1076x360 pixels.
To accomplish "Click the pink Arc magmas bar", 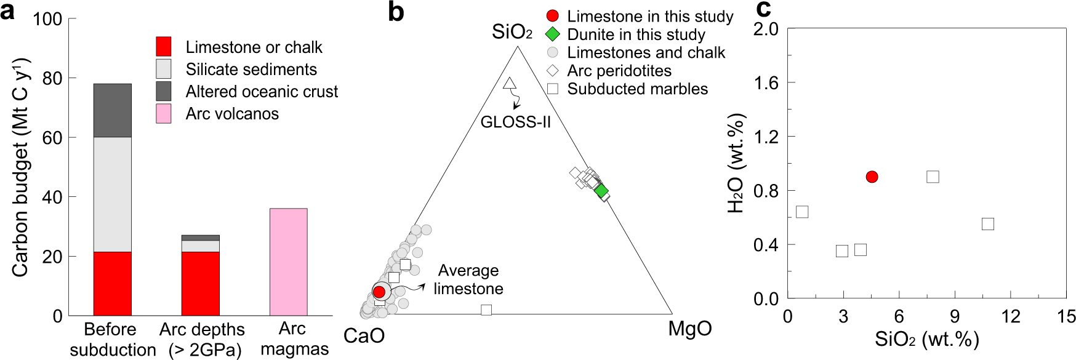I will click(x=288, y=262).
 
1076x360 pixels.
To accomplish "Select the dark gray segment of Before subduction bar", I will click(x=112, y=110).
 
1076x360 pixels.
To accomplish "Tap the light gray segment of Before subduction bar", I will click(x=112, y=194).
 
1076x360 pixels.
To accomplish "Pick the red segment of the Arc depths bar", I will click(x=200, y=283).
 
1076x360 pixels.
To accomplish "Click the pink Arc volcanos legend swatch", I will click(x=164, y=114).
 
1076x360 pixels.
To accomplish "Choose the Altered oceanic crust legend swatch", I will click(x=164, y=92).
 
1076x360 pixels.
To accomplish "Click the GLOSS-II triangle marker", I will click(x=509, y=83).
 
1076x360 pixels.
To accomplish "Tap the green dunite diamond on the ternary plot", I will click(x=601, y=191).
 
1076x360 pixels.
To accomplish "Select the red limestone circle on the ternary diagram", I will click(x=379, y=292).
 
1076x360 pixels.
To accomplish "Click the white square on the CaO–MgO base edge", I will click(x=486, y=310).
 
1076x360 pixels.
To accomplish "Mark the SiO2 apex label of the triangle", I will click(x=512, y=32).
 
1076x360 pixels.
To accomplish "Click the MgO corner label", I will click(x=690, y=329).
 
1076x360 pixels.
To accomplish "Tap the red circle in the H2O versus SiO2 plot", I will click(x=872, y=177).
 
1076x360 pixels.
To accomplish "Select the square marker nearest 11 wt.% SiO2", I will click(x=987, y=223).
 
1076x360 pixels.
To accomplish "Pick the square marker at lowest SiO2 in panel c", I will click(x=801, y=212).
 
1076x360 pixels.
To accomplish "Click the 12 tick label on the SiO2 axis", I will click(x=1010, y=317).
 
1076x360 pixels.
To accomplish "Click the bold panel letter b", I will click(x=396, y=12).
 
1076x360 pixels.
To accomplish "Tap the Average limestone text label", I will click(x=468, y=279).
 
